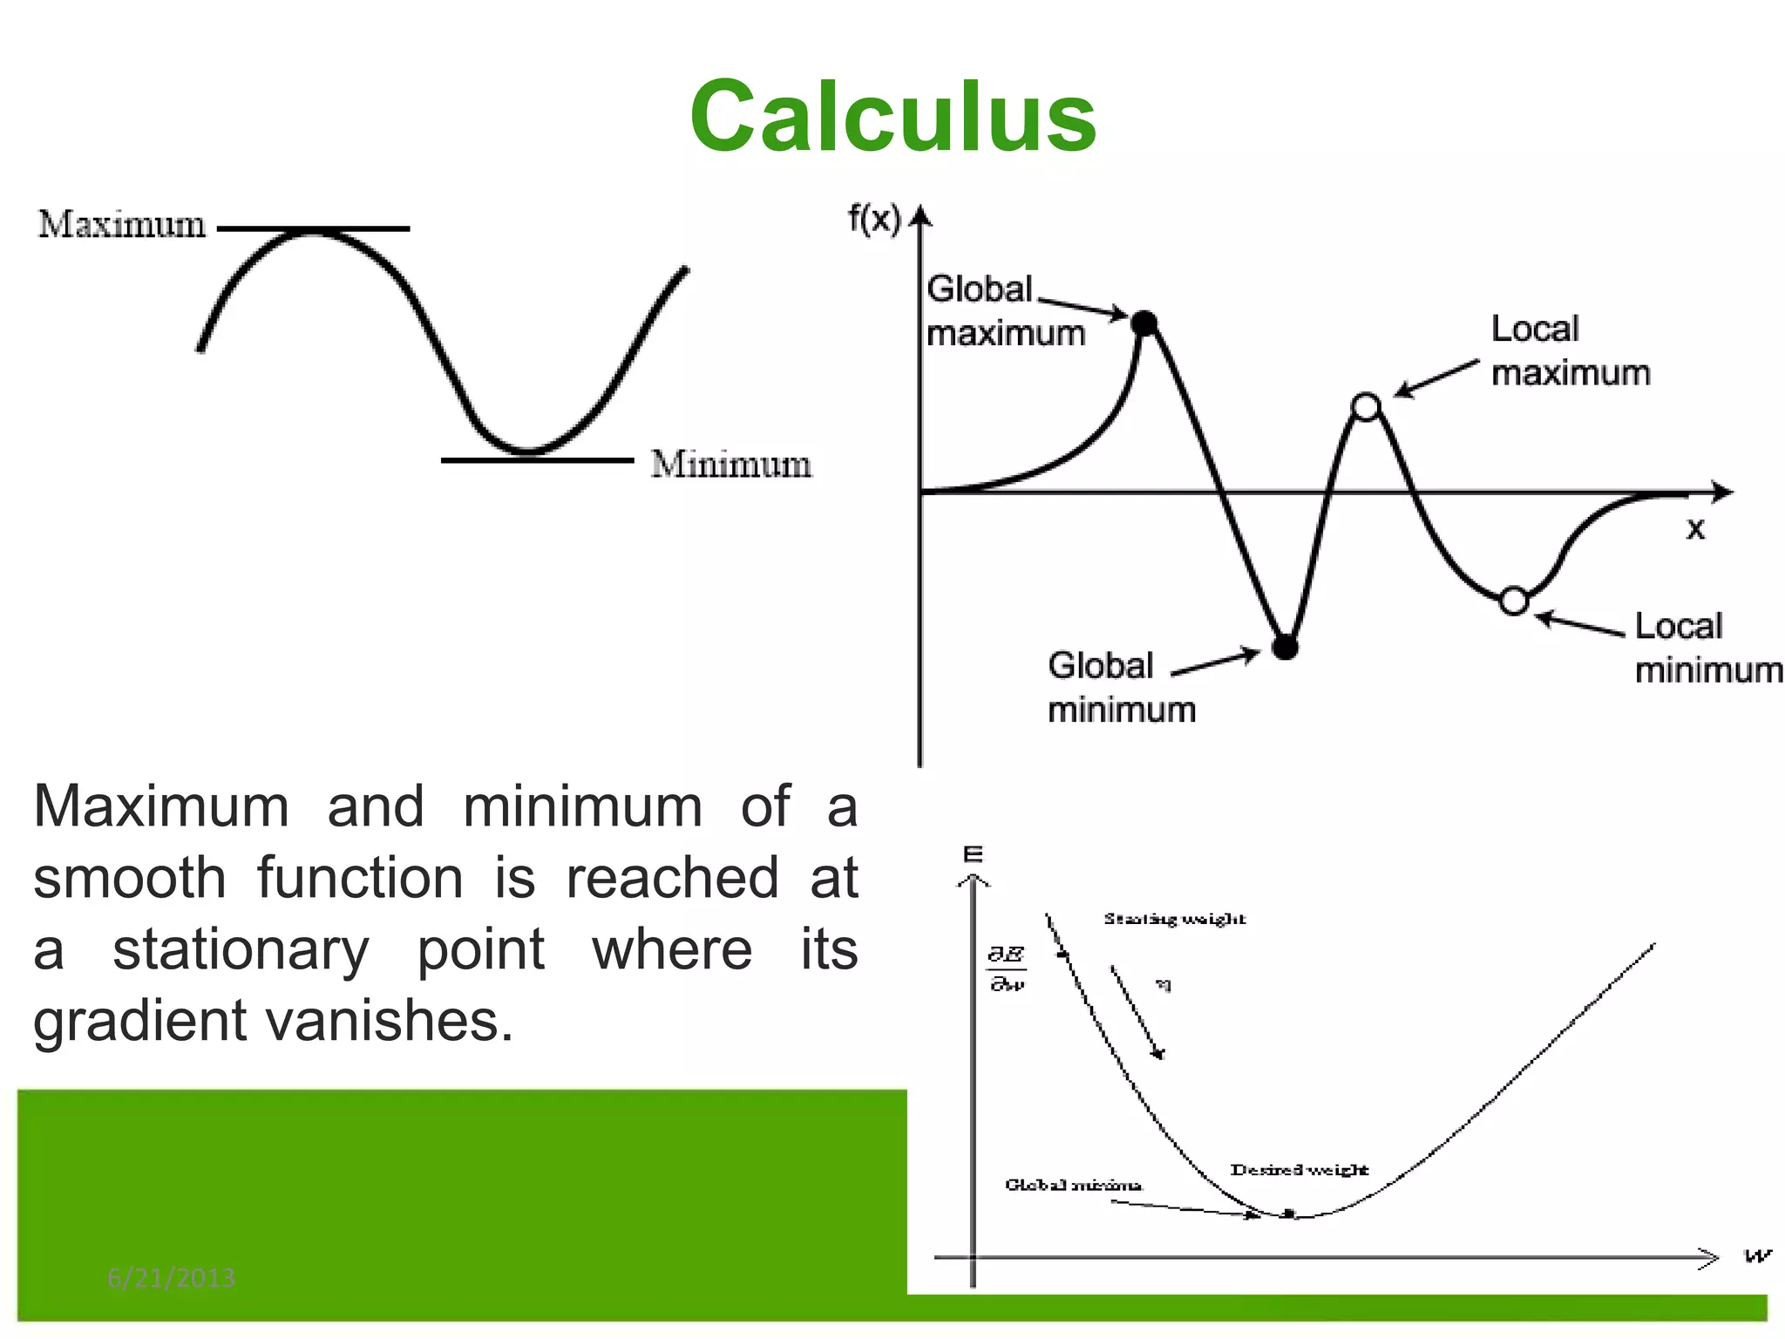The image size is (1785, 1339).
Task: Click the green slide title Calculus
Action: tap(892, 117)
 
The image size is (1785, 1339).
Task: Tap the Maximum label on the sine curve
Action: tap(122, 225)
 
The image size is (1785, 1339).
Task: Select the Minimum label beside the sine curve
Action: tap(730, 464)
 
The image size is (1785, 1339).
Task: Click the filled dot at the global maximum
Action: tap(1144, 323)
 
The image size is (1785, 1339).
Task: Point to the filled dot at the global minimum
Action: tap(1285, 647)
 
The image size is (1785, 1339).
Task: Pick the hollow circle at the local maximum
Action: tap(1366, 407)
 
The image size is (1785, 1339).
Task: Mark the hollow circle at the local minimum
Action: tap(1515, 601)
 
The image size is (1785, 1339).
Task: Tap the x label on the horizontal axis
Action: tap(1695, 528)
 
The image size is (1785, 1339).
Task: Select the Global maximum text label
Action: tap(1004, 311)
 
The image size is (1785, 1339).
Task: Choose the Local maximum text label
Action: tap(1570, 350)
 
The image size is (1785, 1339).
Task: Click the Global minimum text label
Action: tap(1121, 687)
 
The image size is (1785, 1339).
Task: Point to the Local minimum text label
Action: tap(1707, 648)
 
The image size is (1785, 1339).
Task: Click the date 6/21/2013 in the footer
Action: tap(171, 1278)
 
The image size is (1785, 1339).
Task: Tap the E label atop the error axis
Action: tap(973, 854)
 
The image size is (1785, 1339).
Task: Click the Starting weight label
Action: tap(1174, 919)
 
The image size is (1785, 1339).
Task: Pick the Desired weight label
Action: tap(1299, 1170)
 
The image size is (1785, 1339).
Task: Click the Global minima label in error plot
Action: tap(1073, 1185)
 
